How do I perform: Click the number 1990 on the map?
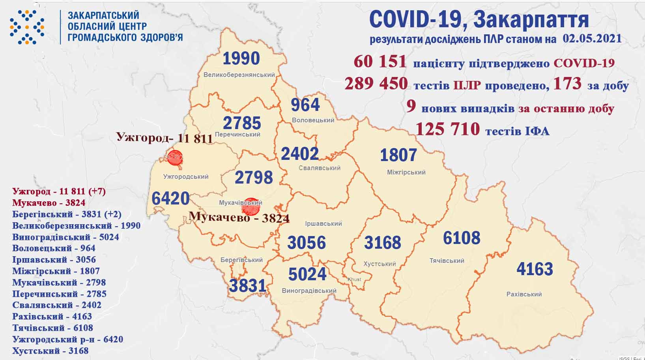coord(241,58)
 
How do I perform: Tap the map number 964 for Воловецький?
coord(305,105)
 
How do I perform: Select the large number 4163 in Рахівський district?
coord(535,269)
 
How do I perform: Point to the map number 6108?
coord(462,238)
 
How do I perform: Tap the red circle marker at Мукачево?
coord(251,206)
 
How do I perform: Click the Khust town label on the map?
coord(354,279)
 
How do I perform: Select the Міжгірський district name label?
coord(406,172)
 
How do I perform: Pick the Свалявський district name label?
coord(319,168)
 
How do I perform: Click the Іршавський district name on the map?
coord(323,223)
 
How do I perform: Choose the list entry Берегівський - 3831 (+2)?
coord(67,214)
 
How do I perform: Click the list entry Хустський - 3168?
coord(50,351)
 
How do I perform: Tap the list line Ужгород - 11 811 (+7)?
coord(59,191)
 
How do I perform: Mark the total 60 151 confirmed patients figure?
coord(380,62)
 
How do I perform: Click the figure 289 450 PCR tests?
coord(376,84)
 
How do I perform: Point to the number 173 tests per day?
coord(567,84)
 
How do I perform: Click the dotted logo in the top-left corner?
coord(27,27)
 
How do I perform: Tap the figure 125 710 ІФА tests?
coord(448,129)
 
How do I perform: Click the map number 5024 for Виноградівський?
coord(307,274)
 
